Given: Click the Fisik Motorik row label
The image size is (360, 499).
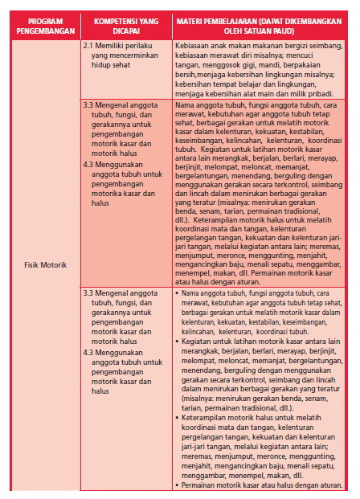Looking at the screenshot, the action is click(x=44, y=264).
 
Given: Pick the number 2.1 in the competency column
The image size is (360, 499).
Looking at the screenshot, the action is click(x=88, y=48).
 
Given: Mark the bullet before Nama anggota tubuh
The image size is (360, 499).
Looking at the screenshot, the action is click(x=176, y=294).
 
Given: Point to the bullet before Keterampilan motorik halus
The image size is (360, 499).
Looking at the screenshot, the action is click(x=176, y=419).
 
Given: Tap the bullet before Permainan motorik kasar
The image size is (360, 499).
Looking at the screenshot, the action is click(x=176, y=485).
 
